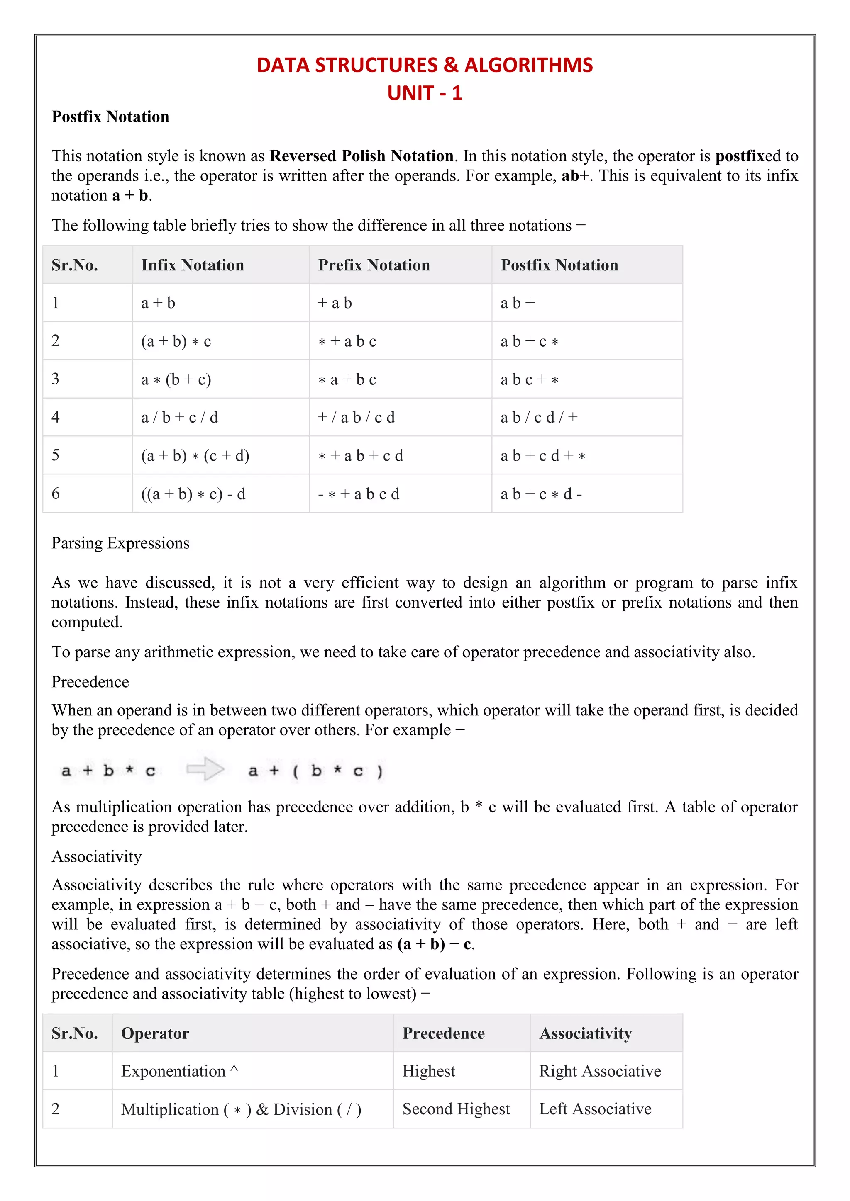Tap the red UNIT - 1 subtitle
(x=425, y=93)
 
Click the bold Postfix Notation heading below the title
(x=110, y=117)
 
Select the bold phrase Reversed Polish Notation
(x=361, y=156)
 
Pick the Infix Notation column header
(x=193, y=265)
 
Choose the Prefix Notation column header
(x=374, y=265)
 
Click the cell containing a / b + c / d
(x=180, y=418)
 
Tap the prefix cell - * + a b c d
(x=359, y=494)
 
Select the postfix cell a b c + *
(x=529, y=379)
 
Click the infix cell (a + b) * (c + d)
(x=195, y=456)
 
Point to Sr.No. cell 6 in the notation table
(x=56, y=493)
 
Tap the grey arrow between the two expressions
(x=205, y=769)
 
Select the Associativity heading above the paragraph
(x=97, y=856)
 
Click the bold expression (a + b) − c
(x=435, y=944)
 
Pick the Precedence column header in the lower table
(x=443, y=1033)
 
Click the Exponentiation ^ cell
(x=180, y=1071)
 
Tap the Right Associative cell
(x=600, y=1071)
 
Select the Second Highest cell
(x=456, y=1109)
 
